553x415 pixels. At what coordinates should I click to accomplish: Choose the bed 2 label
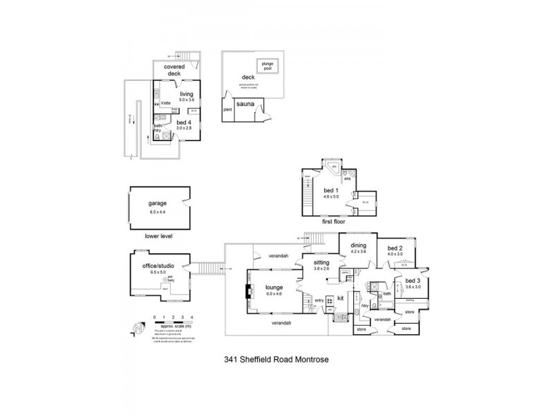[x=394, y=249]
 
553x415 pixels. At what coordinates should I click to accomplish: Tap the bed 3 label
[x=413, y=283]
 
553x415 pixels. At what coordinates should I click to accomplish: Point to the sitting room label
[x=321, y=263]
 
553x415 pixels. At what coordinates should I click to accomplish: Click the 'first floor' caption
[x=334, y=222]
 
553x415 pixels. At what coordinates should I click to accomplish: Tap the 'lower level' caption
[x=158, y=236]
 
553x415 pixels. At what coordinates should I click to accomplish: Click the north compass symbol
[x=140, y=324]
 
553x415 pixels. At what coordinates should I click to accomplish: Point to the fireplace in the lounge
[x=248, y=293]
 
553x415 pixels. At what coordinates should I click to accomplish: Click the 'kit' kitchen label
[x=341, y=299]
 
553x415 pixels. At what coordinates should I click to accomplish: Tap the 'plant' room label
[x=226, y=109]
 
